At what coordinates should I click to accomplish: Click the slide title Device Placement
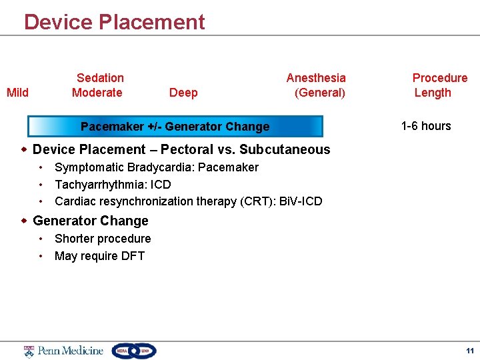tap(114, 22)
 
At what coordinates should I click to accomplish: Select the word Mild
tap(17, 93)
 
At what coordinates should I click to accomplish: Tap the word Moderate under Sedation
tap(97, 93)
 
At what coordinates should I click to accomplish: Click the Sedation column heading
tap(100, 78)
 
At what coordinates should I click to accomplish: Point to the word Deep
tap(183, 93)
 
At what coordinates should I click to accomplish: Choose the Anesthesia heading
tap(316, 78)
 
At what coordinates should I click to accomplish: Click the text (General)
tap(319, 93)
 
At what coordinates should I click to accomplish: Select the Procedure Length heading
tap(439, 85)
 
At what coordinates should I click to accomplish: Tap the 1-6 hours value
tap(426, 126)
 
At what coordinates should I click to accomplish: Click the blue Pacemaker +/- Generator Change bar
tap(175, 127)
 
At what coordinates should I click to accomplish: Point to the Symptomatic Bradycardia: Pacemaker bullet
tap(156, 167)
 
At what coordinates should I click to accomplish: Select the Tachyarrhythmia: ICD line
tap(112, 185)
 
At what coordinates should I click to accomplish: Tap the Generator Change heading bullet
tap(90, 221)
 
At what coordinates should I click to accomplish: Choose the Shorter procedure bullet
tap(103, 239)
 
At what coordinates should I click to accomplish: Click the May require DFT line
tap(99, 256)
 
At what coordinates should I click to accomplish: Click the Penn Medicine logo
tap(64, 351)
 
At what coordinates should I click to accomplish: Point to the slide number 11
tap(469, 351)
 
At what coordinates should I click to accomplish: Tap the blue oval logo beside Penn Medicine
tap(134, 351)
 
